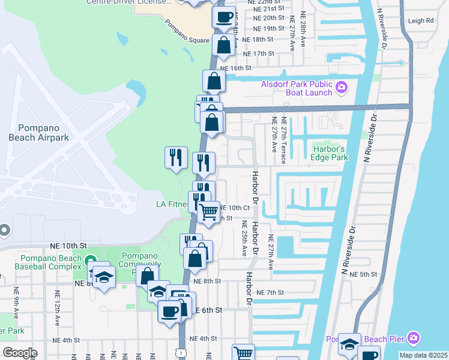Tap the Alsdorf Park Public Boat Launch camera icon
[x=342, y=88]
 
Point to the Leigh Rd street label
[x=420, y=20]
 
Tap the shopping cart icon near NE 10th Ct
[x=208, y=211]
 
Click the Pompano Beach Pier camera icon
[x=413, y=339]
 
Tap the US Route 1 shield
[x=181, y=352]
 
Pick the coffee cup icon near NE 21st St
[x=224, y=16]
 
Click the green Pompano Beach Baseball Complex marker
[x=91, y=261]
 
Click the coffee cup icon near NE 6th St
[x=169, y=311]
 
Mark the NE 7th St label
[x=269, y=292]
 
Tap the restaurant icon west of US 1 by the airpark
[x=176, y=157]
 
